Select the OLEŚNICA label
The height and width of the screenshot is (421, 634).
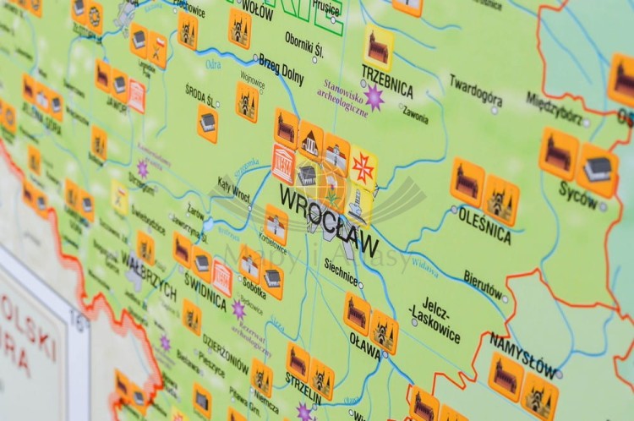(x=484, y=225)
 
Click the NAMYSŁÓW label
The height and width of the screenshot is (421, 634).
(x=522, y=353)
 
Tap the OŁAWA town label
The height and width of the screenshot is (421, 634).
(x=365, y=344)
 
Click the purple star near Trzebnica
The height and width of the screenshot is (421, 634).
(x=374, y=97)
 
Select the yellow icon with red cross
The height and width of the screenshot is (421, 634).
(x=363, y=167)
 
